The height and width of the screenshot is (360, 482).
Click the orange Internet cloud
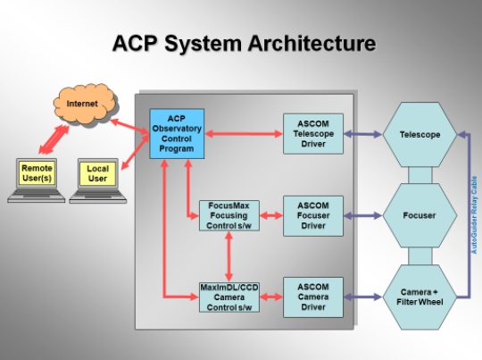[x=85, y=104]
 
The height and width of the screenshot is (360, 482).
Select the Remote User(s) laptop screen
[x=37, y=173]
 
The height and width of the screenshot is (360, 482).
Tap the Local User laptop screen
[x=98, y=173]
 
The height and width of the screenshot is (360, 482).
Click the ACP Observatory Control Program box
[x=177, y=134]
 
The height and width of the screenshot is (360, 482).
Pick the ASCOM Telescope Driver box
[x=313, y=134]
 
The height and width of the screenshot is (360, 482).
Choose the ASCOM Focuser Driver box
[x=313, y=215]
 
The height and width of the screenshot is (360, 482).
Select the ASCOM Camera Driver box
[x=313, y=297]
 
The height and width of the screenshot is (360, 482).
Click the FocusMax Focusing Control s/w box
[x=229, y=215]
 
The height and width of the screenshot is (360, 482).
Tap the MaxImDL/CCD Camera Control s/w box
[x=229, y=297]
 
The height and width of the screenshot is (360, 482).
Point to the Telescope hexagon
[x=420, y=135]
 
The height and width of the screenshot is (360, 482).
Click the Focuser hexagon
[x=420, y=215]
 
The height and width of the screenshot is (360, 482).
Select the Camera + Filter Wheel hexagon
[x=420, y=297]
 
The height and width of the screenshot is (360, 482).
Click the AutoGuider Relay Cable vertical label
[x=474, y=214]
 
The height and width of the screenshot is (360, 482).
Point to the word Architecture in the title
[x=312, y=43]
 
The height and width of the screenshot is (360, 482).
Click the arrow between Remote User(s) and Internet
[x=54, y=139]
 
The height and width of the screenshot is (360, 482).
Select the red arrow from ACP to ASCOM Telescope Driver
[x=244, y=134]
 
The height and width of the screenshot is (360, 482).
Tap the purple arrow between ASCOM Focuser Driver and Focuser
[x=362, y=215]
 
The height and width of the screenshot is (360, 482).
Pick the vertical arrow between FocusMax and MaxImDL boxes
[x=229, y=256]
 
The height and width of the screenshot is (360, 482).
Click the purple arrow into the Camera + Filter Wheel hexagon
[x=362, y=297]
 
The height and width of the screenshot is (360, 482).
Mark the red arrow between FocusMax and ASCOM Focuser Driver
[x=271, y=215]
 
